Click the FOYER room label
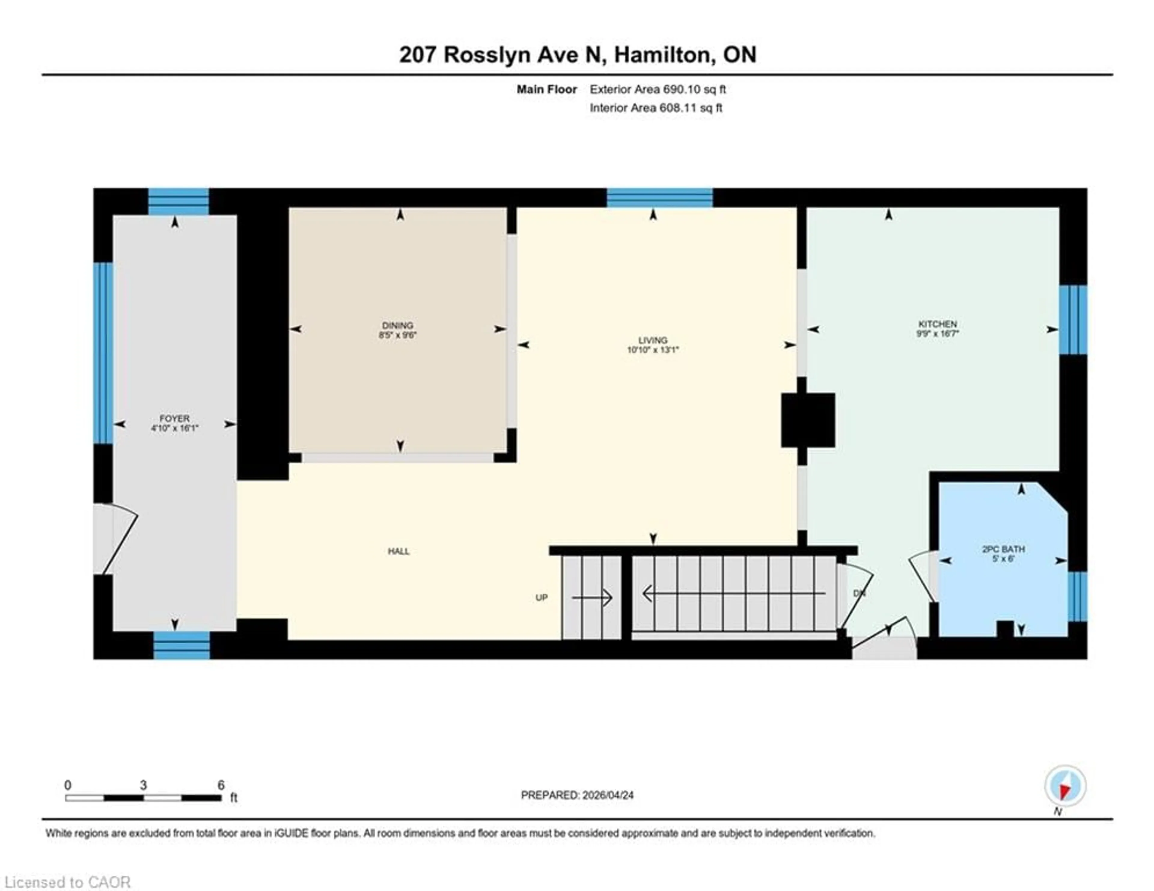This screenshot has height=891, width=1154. pyautogui.click(x=174, y=418)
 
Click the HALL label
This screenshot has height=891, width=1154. pyautogui.click(x=398, y=551)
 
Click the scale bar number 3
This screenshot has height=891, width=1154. pyautogui.click(x=143, y=785)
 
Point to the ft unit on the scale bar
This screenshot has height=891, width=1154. pyautogui.click(x=234, y=798)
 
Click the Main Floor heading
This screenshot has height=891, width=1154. pyautogui.click(x=546, y=89)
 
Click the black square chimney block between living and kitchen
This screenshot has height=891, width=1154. pyautogui.click(x=807, y=420)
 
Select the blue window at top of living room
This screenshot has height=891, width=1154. pyautogui.click(x=659, y=197)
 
